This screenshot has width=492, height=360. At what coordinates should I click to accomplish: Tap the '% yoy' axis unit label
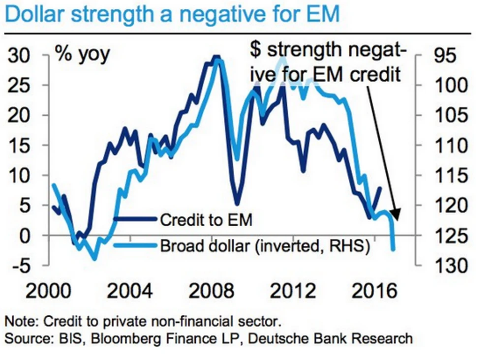click(82, 54)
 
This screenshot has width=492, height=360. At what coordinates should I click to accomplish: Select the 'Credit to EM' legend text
click(206, 220)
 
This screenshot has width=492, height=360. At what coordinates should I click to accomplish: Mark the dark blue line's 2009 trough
click(237, 204)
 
